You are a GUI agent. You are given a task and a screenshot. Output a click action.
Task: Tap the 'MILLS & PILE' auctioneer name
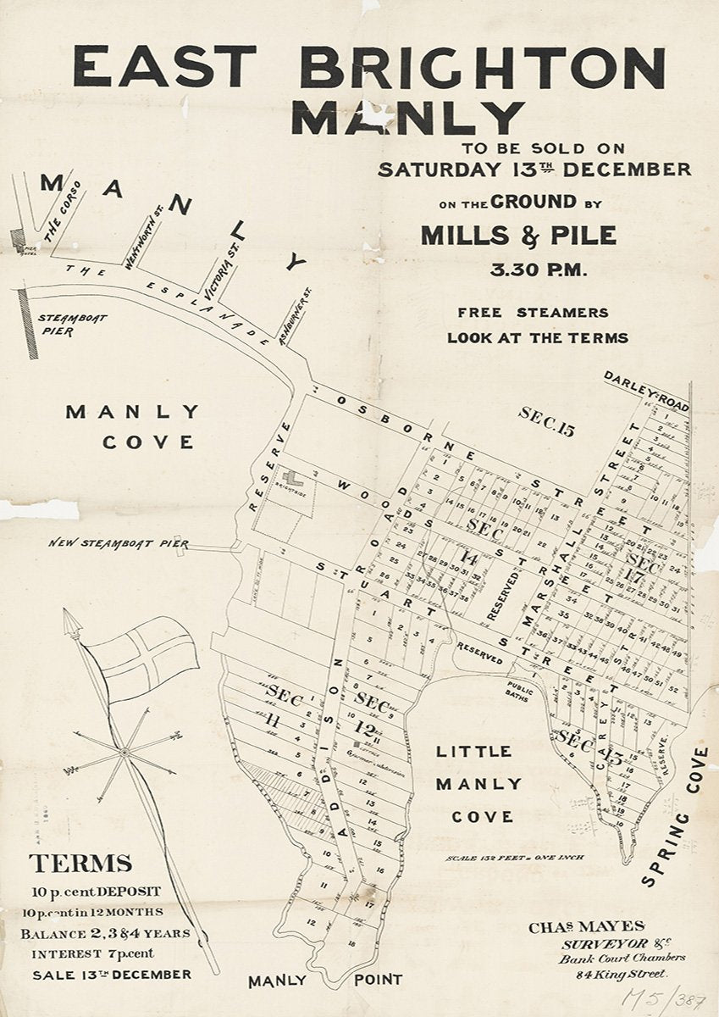pyautogui.click(x=518, y=235)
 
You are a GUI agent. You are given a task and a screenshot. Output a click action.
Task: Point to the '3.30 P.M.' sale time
pyautogui.click(x=537, y=271)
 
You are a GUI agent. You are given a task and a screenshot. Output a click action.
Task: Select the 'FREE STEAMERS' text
pyautogui.click(x=534, y=312)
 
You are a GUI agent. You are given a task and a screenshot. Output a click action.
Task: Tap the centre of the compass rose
pyautogui.click(x=124, y=752)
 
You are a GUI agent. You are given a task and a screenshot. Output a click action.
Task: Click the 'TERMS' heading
pyautogui.click(x=80, y=864)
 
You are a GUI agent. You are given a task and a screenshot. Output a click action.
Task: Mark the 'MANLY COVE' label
pyautogui.click(x=134, y=426)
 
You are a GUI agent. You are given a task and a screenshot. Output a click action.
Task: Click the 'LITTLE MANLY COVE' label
pyautogui.click(x=473, y=784)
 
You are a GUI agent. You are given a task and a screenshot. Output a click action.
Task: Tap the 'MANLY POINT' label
pyautogui.click(x=325, y=981)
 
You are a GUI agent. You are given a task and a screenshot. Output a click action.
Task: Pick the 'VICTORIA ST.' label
pyautogui.click(x=217, y=251)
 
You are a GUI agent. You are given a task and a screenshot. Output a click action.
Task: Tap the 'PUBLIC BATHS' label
pyautogui.click(x=519, y=693)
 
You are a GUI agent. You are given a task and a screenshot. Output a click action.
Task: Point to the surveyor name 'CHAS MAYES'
pyautogui.click(x=587, y=927)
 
